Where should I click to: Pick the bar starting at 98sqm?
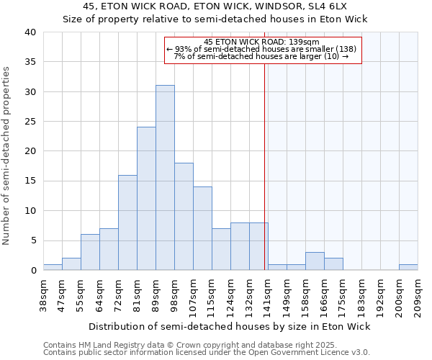coord(184,217)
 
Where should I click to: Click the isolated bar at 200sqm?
coord(408,267)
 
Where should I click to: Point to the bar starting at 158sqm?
coord(315,261)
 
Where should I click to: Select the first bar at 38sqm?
coord(53,267)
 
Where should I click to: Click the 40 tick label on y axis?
coord(30,32)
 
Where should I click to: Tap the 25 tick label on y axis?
coord(30,122)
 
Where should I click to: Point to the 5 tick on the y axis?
coord(33,240)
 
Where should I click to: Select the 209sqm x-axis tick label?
coord(418,295)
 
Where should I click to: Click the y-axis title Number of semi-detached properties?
coord(7,156)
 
